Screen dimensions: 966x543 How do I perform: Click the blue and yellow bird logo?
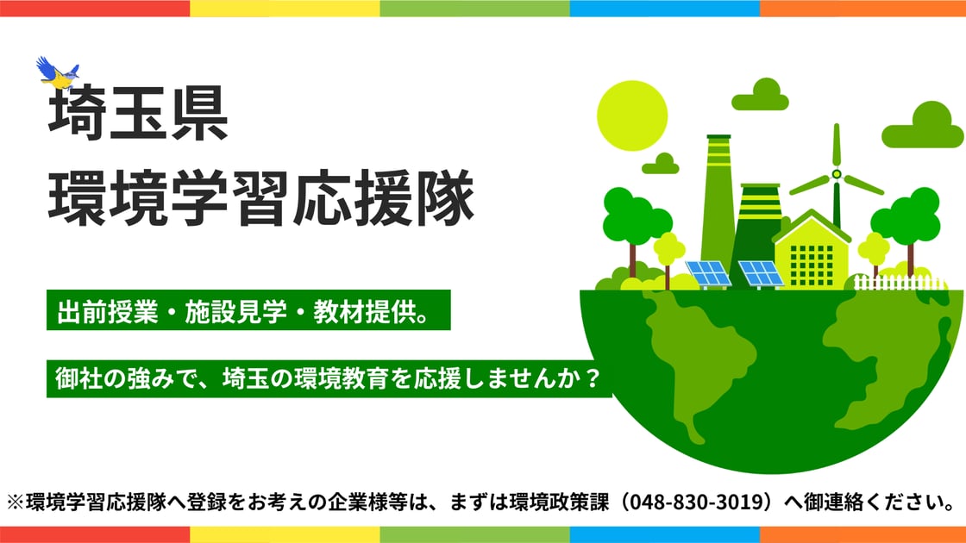58,72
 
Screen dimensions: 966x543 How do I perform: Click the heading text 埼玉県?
139,115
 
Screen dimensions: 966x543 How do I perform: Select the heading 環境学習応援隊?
261,197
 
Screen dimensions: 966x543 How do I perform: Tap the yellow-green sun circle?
632,115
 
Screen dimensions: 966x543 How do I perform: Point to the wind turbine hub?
836,174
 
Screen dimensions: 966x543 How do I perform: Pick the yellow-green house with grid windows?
812,250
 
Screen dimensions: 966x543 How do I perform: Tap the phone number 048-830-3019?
697,502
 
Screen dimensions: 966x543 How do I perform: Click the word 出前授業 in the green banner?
108,311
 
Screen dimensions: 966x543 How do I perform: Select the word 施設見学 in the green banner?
236,311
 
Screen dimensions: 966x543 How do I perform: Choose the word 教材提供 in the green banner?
364,311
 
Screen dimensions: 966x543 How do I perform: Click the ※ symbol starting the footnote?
16,502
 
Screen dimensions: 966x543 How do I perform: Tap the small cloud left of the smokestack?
661,164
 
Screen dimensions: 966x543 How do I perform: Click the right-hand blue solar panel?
760,274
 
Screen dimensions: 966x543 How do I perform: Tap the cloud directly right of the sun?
760,95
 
